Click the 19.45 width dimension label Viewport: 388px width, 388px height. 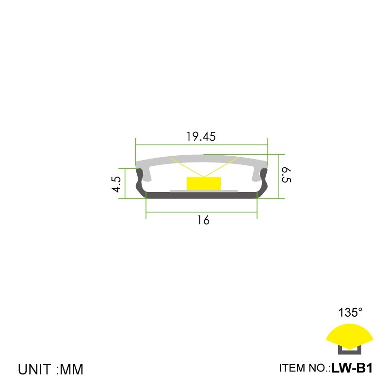pos(201,137)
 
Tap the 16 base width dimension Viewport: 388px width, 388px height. pos(203,221)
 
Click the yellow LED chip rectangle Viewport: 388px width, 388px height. pos(203,183)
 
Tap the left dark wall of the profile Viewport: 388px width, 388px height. pos(140,182)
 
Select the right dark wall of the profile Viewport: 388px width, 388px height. pos(264,182)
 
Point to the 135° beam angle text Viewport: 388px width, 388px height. pos(350,313)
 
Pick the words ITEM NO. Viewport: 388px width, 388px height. pos(304,368)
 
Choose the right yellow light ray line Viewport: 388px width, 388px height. pos(221,167)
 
